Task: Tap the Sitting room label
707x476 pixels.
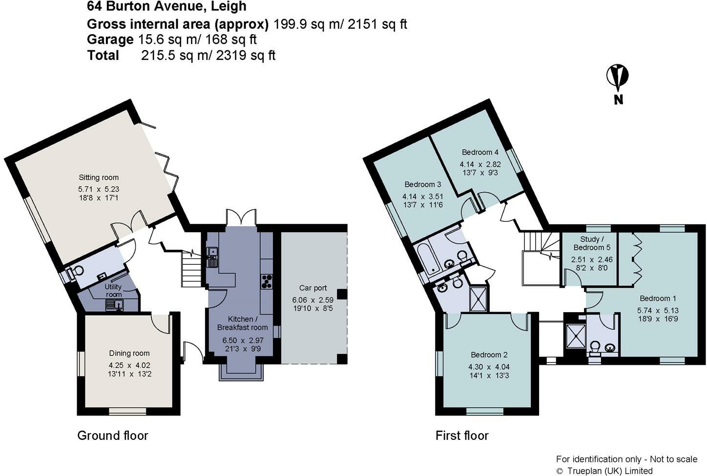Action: pyautogui.click(x=99, y=178)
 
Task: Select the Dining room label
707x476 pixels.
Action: pyautogui.click(x=129, y=353)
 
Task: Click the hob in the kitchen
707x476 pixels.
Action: pyautogui.click(x=267, y=282)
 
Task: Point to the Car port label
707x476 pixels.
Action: pyautogui.click(x=313, y=288)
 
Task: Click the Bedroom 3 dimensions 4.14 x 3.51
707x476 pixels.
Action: pyautogui.click(x=422, y=197)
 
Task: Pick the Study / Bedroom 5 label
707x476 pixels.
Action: pyautogui.click(x=592, y=243)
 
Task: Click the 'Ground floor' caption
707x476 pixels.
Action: pyautogui.click(x=112, y=436)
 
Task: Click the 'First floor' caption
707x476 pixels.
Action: pyautogui.click(x=461, y=436)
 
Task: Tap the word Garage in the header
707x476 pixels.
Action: pyautogui.click(x=110, y=39)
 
